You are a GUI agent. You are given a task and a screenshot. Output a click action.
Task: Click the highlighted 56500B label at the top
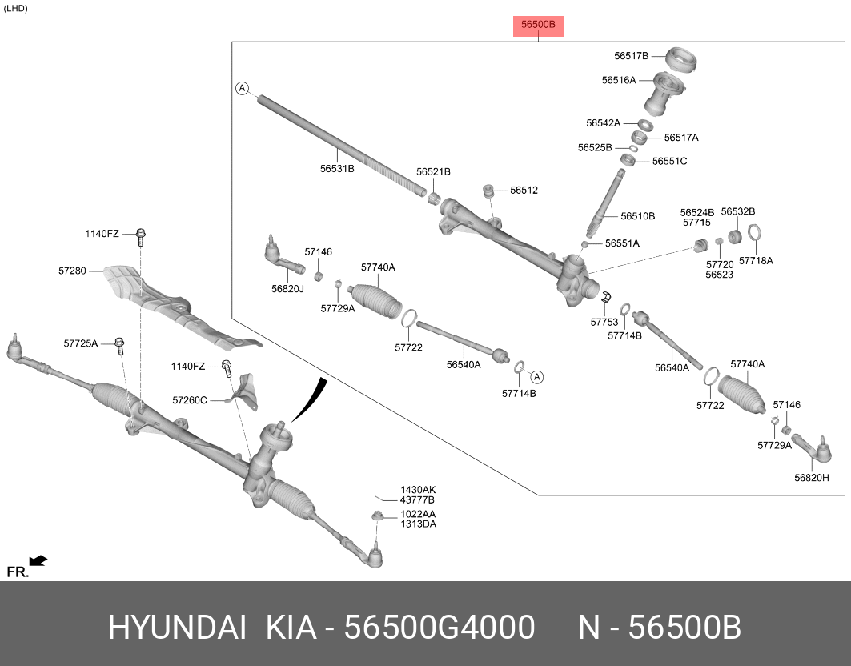click(538, 26)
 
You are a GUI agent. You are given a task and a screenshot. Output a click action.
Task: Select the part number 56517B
click(631, 56)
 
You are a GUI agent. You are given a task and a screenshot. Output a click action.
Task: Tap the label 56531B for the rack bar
click(337, 169)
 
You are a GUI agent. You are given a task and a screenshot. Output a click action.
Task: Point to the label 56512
click(524, 191)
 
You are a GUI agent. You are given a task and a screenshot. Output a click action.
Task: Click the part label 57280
click(71, 271)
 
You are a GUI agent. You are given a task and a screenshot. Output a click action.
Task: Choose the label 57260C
click(189, 399)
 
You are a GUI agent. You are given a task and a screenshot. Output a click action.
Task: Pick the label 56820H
click(811, 478)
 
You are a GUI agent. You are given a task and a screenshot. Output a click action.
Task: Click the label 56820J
click(287, 288)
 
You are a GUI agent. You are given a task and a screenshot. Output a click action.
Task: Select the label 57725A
click(80, 343)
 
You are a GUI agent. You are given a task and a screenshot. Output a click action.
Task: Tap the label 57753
click(604, 322)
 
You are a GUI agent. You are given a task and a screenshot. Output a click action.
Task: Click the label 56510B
click(637, 216)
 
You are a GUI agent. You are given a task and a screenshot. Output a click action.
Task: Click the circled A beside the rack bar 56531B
click(242, 88)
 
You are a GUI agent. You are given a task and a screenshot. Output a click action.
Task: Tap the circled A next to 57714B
click(538, 376)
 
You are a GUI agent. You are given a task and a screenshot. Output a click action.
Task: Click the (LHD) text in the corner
click(15, 9)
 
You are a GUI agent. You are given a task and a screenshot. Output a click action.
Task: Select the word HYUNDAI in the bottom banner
click(177, 628)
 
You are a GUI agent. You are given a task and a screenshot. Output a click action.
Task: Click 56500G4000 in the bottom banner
click(439, 628)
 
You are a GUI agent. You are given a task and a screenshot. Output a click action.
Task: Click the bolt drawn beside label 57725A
click(119, 345)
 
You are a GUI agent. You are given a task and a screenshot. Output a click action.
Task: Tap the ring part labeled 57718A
click(754, 235)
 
